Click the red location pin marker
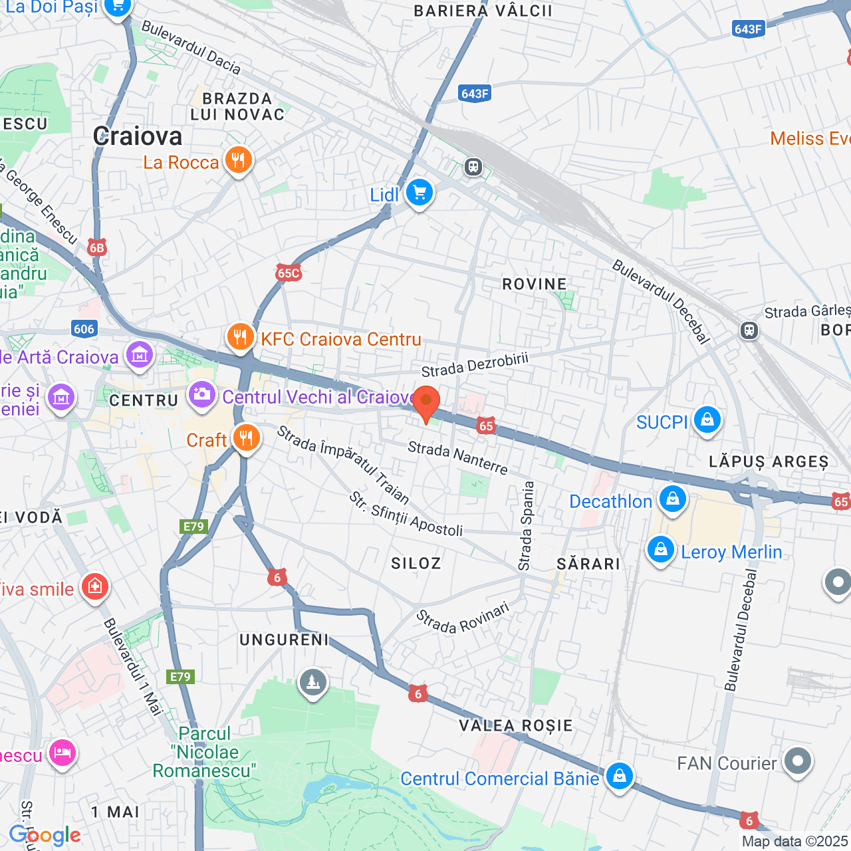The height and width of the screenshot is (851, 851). pos(426,402)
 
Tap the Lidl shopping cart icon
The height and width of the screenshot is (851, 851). pos(419,193)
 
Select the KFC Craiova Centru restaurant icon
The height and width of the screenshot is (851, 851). pos(240,337)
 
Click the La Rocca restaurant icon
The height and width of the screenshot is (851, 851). pos(237,161)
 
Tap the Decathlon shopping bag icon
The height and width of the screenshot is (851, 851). pos(672,499)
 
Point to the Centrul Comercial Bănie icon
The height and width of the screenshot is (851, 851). pos(619,777)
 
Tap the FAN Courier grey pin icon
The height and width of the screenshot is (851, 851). pos(797,761)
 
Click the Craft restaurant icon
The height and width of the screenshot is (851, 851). pos(246,439)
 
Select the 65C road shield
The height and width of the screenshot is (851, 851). pos(289,273)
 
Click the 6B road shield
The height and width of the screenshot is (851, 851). pos(97,248)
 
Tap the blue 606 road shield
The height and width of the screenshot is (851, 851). pos(84,328)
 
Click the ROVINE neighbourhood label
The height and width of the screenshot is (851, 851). pos(535,285)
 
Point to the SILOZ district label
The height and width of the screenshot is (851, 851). pos(416,564)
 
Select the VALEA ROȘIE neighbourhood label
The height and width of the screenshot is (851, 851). pos(516,725)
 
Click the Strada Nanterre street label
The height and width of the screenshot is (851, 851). pos(458,458)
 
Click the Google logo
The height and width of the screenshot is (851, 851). pos(45,835)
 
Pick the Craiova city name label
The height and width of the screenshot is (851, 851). pos(138,136)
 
